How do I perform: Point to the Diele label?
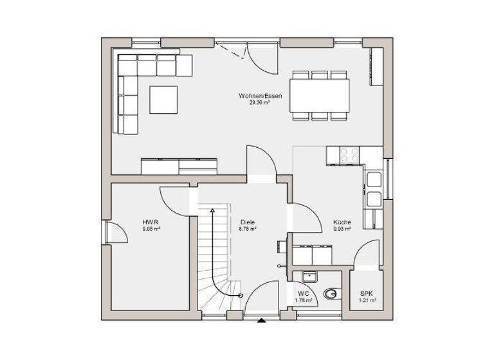coord(248,222)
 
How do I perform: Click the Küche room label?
coord(342,222)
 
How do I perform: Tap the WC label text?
coord(303,294)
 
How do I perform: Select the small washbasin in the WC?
coord(309,276)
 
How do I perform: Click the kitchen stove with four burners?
coord(349,154)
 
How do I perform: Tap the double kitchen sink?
coord(374,190)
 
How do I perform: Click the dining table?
coord(320,96)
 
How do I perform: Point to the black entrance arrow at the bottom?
coord(261,319)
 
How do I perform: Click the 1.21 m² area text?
coord(367,300)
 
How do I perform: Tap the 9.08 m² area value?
coord(151,228)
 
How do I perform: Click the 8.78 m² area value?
coord(248,229)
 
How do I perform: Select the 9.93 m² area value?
coord(342,229)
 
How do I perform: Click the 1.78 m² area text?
coord(303,300)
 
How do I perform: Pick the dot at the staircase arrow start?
coord(240,296)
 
